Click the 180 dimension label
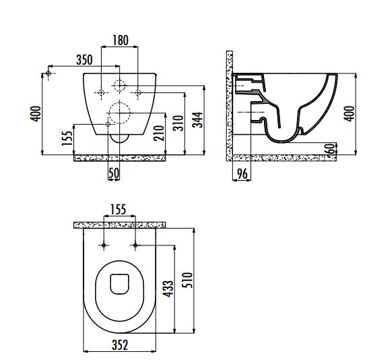coord(121,40)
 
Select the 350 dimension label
coord(84,60)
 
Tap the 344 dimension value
coord(197,120)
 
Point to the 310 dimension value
coord(178,123)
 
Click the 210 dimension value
coord(159,133)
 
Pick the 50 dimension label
coord(114,173)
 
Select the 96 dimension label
coord(242,174)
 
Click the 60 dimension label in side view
coord(330,148)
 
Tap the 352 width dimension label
coord(120,345)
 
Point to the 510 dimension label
coord(187,280)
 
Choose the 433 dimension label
coord(168,289)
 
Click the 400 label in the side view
coord(349,114)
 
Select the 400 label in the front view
coord(36,114)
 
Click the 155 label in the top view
coord(119,210)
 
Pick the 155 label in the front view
coord(67,138)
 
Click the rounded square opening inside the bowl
coord(120,284)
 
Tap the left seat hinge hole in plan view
coord(104,245)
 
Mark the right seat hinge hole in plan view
coord(135,245)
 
